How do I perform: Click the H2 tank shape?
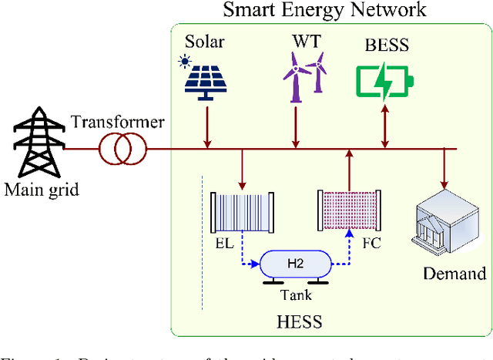[x=296, y=264]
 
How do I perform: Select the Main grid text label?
[x=40, y=189]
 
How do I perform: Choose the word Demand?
[x=454, y=274]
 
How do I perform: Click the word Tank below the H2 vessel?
[x=295, y=294]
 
